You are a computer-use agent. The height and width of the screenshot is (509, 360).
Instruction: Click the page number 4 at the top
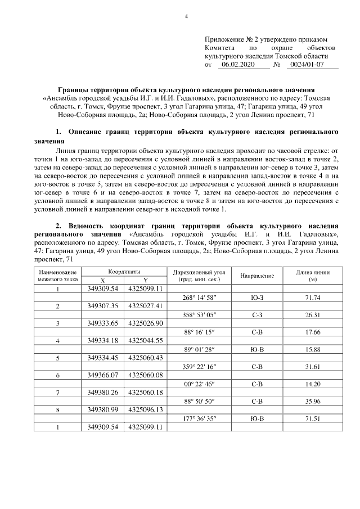[186, 16]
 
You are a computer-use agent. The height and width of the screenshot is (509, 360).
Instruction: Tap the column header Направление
[257, 276]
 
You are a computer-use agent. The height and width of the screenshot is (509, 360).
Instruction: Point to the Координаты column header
[124, 271]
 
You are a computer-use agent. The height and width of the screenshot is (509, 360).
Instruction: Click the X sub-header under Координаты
[102, 280]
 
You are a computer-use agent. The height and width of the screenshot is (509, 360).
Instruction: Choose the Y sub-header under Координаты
[145, 280]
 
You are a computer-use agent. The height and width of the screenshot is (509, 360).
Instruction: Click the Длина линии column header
[313, 276]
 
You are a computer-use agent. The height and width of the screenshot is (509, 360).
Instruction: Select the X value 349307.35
[102, 306]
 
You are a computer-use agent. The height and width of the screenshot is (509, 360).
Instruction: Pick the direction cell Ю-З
[257, 298]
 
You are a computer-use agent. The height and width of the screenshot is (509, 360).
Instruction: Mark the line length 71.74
[313, 298]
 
